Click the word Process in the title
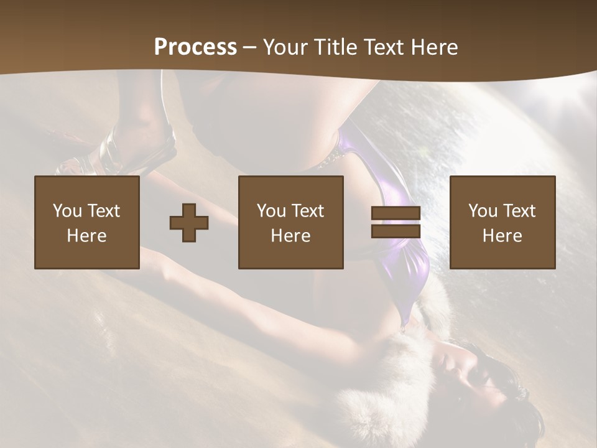(x=195, y=47)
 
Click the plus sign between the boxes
(x=189, y=223)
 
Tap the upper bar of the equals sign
(x=396, y=213)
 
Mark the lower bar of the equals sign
(x=396, y=231)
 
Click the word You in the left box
(x=68, y=211)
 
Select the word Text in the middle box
(x=308, y=211)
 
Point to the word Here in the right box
(x=502, y=236)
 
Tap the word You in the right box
(x=483, y=211)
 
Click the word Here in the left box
(x=87, y=236)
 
